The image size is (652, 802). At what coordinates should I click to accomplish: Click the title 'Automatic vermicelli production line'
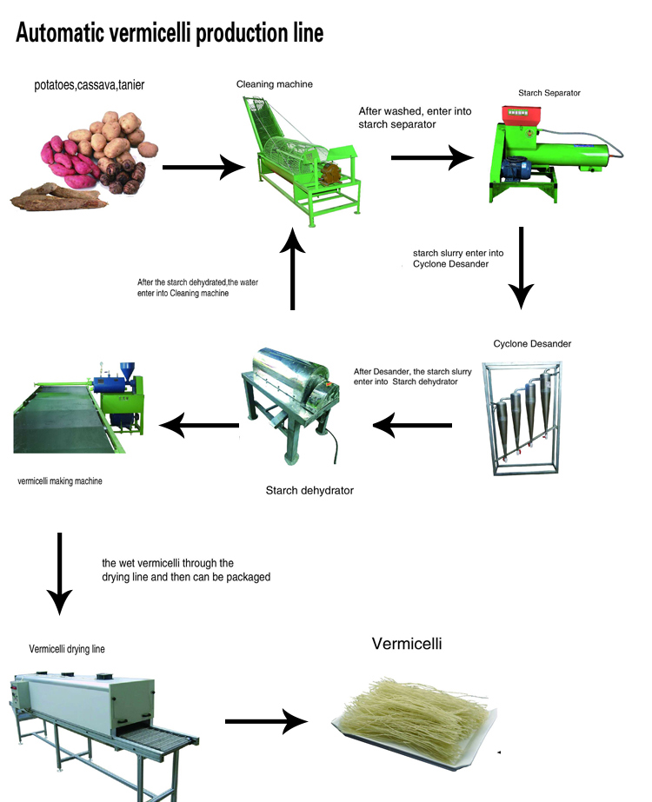pyautogui.click(x=170, y=33)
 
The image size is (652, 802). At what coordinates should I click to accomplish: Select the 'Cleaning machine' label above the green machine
pyautogui.click(x=274, y=84)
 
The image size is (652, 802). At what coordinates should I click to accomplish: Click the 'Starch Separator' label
pyautogui.click(x=549, y=92)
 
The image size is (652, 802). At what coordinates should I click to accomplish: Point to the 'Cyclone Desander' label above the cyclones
pyautogui.click(x=532, y=344)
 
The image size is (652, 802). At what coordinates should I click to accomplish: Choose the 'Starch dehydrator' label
pyautogui.click(x=309, y=491)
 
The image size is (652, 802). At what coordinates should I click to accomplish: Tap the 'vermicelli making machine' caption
pyautogui.click(x=59, y=481)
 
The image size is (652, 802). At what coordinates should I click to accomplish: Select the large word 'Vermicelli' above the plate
pyautogui.click(x=407, y=645)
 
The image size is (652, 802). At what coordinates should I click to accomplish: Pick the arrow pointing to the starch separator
pyautogui.click(x=432, y=157)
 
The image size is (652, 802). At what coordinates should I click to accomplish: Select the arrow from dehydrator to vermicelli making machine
pyautogui.click(x=199, y=425)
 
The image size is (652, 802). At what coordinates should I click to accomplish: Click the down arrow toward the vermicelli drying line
pyautogui.click(x=59, y=573)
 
